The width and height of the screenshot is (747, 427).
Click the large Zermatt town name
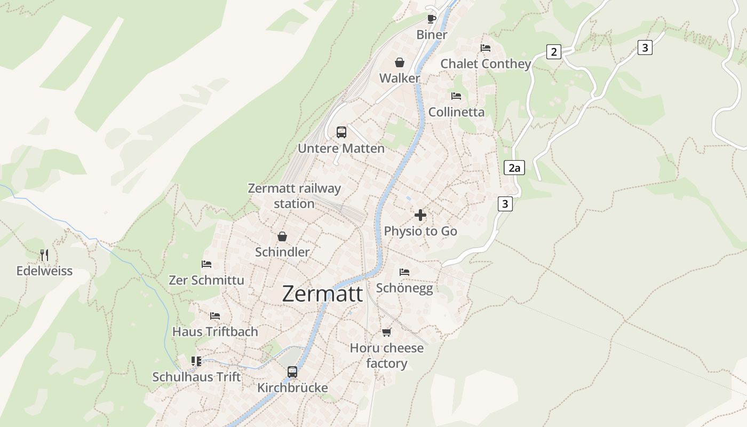pos(322,294)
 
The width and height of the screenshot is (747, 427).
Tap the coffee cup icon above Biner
pos(432,19)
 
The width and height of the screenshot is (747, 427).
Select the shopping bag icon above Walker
pos(400,63)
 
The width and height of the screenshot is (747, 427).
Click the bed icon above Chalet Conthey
pos(485,48)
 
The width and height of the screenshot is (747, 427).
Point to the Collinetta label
pos(457,112)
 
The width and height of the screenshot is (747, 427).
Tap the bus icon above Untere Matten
pos(341,132)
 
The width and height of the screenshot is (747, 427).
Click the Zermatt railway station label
pos(294,196)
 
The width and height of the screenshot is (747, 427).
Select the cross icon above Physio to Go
pos(420,216)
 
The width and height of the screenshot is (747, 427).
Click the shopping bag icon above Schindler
pos(282,236)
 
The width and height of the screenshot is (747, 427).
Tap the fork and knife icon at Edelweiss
pos(44,255)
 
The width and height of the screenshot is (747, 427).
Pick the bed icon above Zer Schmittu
pos(206,264)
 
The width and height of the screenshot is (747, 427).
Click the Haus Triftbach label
pos(215,331)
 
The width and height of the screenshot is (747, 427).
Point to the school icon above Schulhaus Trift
pos(196,361)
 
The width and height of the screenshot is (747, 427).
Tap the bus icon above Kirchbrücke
pos(292,372)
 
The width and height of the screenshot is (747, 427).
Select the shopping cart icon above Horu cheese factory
pos(387,332)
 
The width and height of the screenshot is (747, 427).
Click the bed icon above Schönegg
pos(404,272)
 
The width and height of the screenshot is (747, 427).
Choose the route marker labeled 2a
pos(514,168)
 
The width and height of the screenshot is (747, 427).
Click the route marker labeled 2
pos(554,52)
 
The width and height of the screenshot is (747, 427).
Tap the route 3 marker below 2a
pos(505,203)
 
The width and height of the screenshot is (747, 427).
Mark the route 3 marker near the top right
pos(645,48)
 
